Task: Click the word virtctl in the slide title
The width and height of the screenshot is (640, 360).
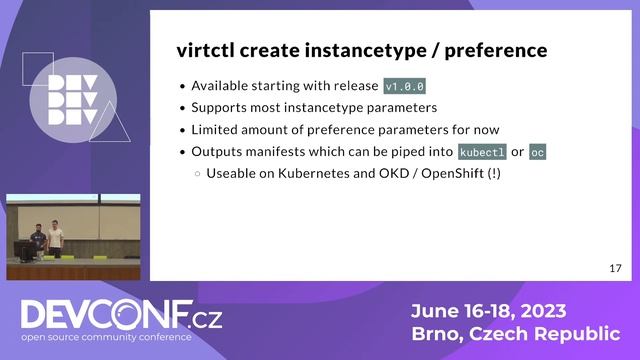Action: point(205,49)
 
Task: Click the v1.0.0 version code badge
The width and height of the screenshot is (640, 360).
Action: point(405,86)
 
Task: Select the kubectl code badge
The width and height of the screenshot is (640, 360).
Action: point(482,152)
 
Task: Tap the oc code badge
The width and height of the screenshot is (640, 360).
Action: point(538,152)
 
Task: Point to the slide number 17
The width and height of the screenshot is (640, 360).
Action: point(616,268)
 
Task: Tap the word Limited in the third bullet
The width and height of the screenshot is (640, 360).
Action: point(215,130)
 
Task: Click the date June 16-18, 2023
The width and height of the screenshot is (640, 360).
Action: point(489,309)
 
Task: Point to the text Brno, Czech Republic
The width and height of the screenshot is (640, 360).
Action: point(514,333)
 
